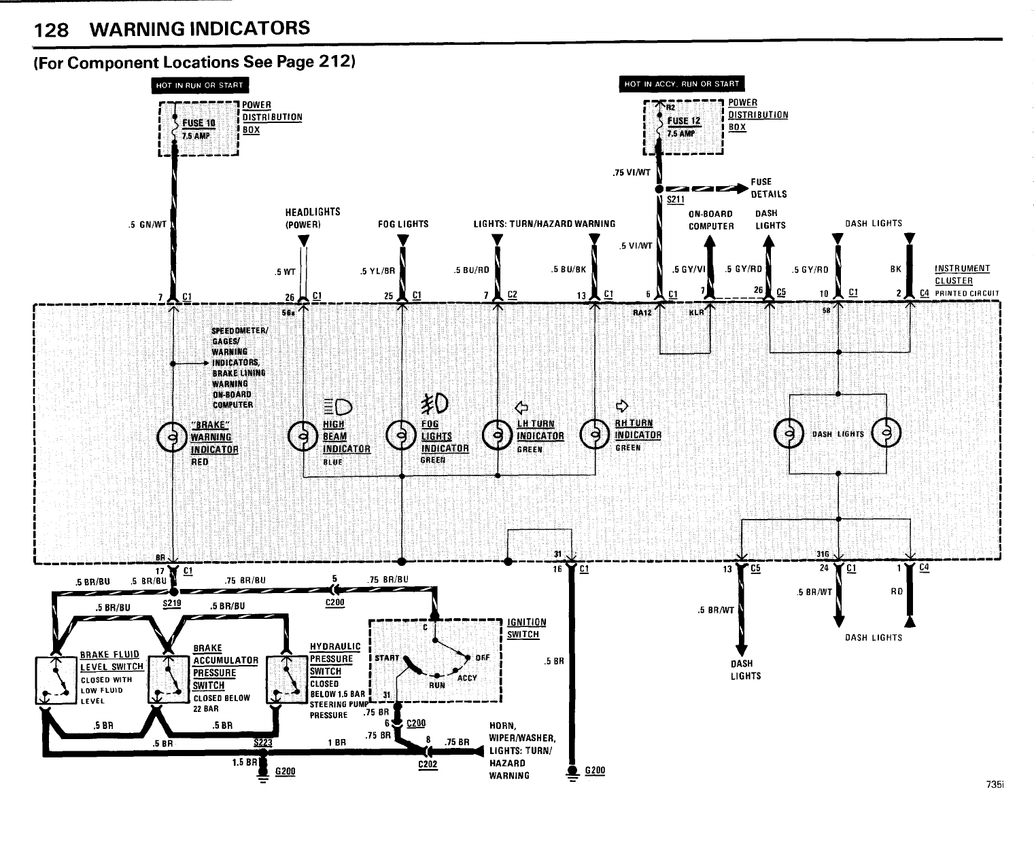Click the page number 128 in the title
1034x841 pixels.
pyautogui.click(x=52, y=30)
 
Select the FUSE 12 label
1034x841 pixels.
pyautogui.click(x=684, y=121)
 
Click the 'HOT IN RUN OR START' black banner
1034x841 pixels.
pyautogui.click(x=200, y=85)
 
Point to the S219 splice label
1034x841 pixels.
pyautogui.click(x=171, y=603)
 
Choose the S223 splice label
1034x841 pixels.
pyautogui.click(x=262, y=742)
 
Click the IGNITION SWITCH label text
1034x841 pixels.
pyautogui.click(x=526, y=628)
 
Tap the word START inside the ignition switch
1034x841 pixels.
pyautogui.click(x=387, y=658)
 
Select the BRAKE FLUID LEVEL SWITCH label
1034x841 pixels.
pyautogui.click(x=111, y=660)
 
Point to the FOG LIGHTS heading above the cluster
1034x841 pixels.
pyautogui.click(x=403, y=223)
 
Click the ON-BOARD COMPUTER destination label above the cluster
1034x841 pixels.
pyautogui.click(x=711, y=219)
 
